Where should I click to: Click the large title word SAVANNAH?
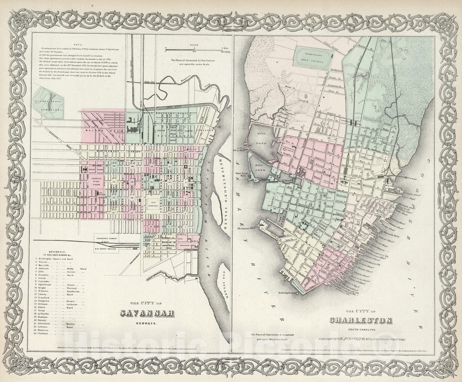click(147, 313)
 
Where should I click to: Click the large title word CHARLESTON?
click(361, 320)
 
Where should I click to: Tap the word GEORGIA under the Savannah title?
click(147, 324)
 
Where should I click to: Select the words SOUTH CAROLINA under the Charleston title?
click(361, 329)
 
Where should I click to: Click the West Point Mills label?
click(241, 175)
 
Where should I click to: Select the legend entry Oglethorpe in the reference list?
click(47, 285)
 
